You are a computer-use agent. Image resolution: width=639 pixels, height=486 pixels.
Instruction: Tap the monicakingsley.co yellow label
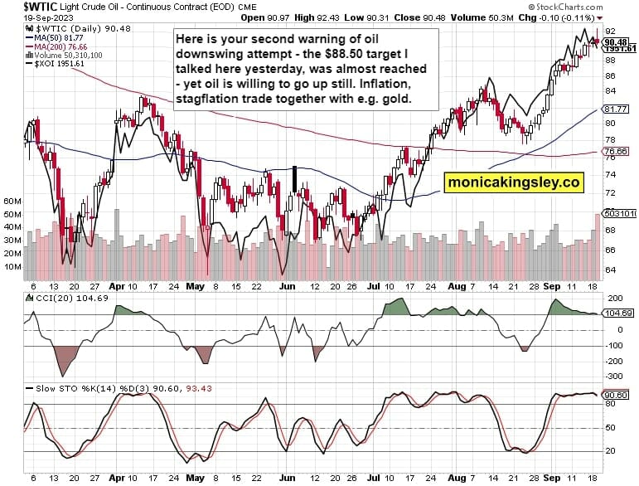tap(514, 182)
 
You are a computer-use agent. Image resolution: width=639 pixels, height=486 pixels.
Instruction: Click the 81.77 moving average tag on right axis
tap(614, 109)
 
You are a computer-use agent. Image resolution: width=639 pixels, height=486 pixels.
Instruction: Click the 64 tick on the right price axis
tap(609, 270)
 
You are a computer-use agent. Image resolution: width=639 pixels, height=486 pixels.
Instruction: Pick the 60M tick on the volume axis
tap(12, 202)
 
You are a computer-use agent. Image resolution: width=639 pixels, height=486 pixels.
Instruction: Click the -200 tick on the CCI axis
tap(614, 361)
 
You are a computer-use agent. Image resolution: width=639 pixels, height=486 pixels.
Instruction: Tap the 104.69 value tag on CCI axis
tap(614, 313)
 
